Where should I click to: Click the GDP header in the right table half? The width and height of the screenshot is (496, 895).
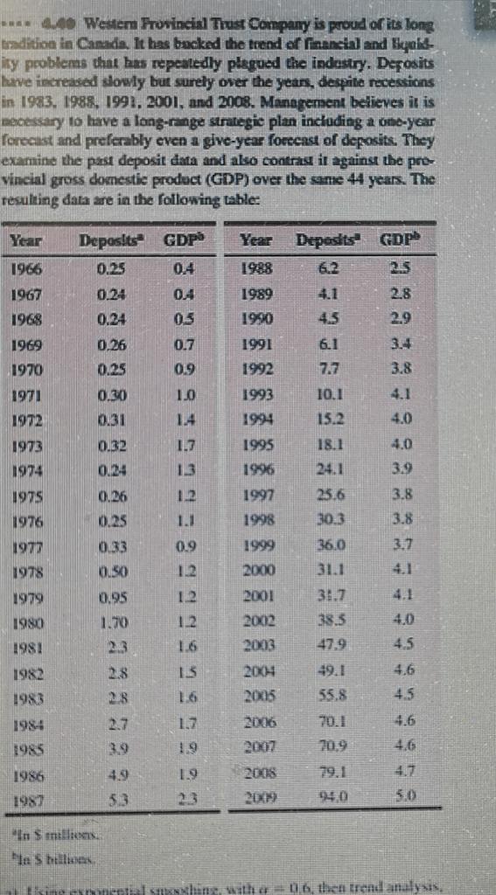[399, 239]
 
